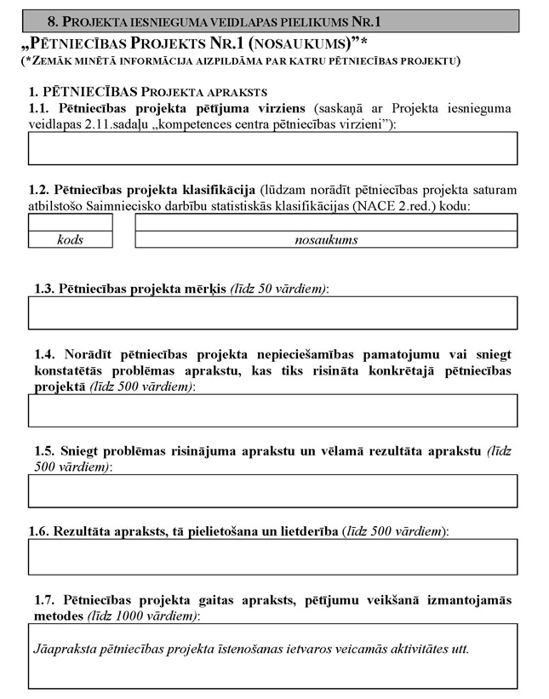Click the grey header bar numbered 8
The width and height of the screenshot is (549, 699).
click(273, 20)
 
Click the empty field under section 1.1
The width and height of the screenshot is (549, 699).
click(273, 148)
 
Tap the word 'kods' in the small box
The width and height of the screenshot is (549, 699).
click(70, 240)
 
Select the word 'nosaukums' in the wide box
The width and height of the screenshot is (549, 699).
click(326, 240)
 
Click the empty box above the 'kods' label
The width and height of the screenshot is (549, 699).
click(70, 222)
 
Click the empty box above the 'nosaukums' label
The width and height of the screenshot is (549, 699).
click(326, 222)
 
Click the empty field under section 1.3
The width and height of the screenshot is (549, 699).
click(273, 312)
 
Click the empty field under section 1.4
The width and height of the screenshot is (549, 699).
click(273, 410)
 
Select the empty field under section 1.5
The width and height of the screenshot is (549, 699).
click(273, 491)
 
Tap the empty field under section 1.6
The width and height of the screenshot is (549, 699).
click(273, 557)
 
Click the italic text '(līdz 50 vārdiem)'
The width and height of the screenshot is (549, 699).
click(279, 289)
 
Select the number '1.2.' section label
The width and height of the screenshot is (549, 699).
click(39, 189)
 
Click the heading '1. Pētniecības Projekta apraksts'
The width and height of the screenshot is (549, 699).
click(148, 91)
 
